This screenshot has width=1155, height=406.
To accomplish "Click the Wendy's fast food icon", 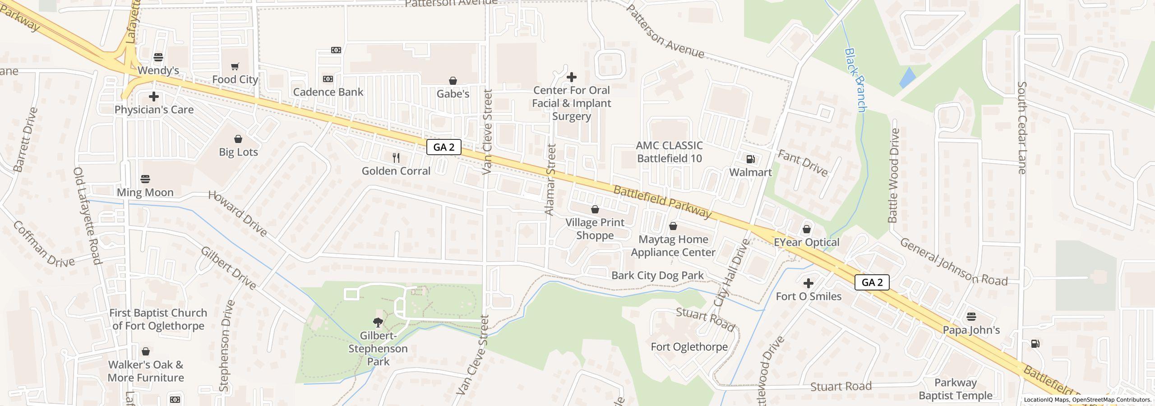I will point(158,57).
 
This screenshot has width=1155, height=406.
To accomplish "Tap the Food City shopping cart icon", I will point(235,67).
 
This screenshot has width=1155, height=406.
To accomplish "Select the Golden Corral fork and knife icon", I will point(396,157).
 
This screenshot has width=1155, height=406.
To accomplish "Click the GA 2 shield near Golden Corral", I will point(444,147).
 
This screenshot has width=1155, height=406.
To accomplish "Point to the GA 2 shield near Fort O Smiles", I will point(872,282).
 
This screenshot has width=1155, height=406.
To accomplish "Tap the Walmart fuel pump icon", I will point(751,159).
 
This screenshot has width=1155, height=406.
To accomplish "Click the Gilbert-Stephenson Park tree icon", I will point(378,322).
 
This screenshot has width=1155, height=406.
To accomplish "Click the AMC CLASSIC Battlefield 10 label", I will point(669,152).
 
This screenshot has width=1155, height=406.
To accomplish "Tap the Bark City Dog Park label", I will point(657,275).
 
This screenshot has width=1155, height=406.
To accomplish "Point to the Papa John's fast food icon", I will point(971,316).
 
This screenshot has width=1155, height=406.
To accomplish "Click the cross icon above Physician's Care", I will point(154,97).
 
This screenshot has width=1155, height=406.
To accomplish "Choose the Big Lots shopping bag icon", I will point(238,139).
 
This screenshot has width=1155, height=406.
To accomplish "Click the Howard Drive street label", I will point(238,214).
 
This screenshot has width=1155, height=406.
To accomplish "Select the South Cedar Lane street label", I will point(1022,128).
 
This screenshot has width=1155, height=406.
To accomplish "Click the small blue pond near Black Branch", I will point(907,78).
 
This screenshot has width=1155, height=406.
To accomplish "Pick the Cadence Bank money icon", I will point(328,79).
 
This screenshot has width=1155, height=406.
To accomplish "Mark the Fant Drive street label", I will point(803,163).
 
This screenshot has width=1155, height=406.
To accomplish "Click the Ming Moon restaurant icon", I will point(145,179).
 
